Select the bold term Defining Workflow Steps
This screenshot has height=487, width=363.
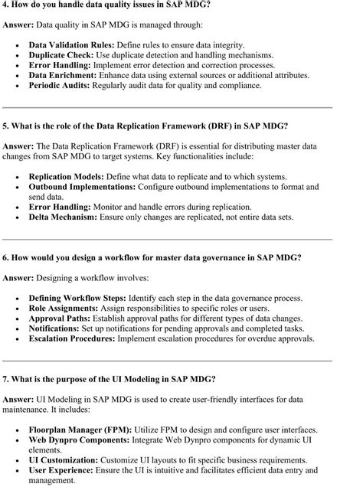point(77,298)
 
